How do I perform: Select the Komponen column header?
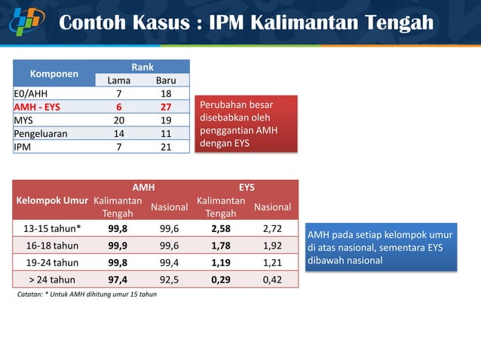pos(54,74)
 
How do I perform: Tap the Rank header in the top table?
pos(142,68)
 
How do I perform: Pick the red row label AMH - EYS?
pos(37,107)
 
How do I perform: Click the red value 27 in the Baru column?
pos(166,107)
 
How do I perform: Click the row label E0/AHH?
pos(31,93)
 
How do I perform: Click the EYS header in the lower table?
pos(247,187)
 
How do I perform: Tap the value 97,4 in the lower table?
pos(118,279)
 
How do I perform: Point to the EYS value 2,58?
pos(221,228)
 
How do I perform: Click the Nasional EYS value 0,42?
pos(273,279)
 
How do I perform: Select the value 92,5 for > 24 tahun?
pos(169,279)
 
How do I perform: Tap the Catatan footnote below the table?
pos(87,294)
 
